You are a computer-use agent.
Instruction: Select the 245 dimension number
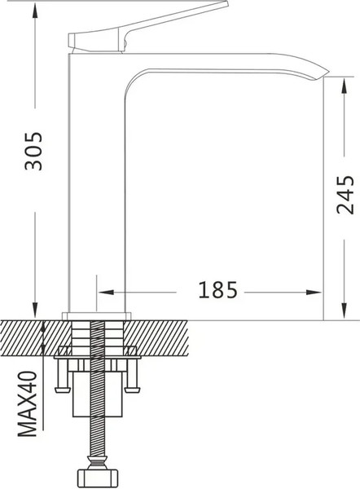345,194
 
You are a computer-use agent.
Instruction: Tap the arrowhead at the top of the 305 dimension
34,7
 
